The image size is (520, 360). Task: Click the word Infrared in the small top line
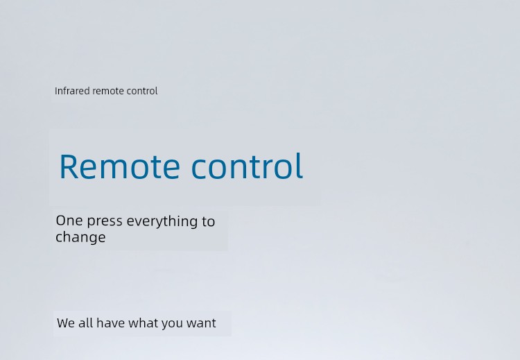[x=72, y=91]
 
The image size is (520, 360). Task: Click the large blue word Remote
[x=120, y=166]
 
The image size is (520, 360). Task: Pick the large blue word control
[x=248, y=166]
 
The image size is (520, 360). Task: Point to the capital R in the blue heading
[x=68, y=166]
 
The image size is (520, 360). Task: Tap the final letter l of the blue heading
[x=300, y=165]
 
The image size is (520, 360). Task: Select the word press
[x=105, y=222]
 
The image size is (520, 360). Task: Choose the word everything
[x=162, y=222]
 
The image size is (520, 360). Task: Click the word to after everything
[x=208, y=222]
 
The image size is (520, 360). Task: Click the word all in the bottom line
[x=85, y=323]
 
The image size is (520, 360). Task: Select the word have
[x=110, y=323]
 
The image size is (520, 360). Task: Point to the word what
[x=143, y=323]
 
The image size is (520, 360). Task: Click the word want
[x=201, y=323]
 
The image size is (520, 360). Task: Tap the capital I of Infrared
[x=55, y=91]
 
